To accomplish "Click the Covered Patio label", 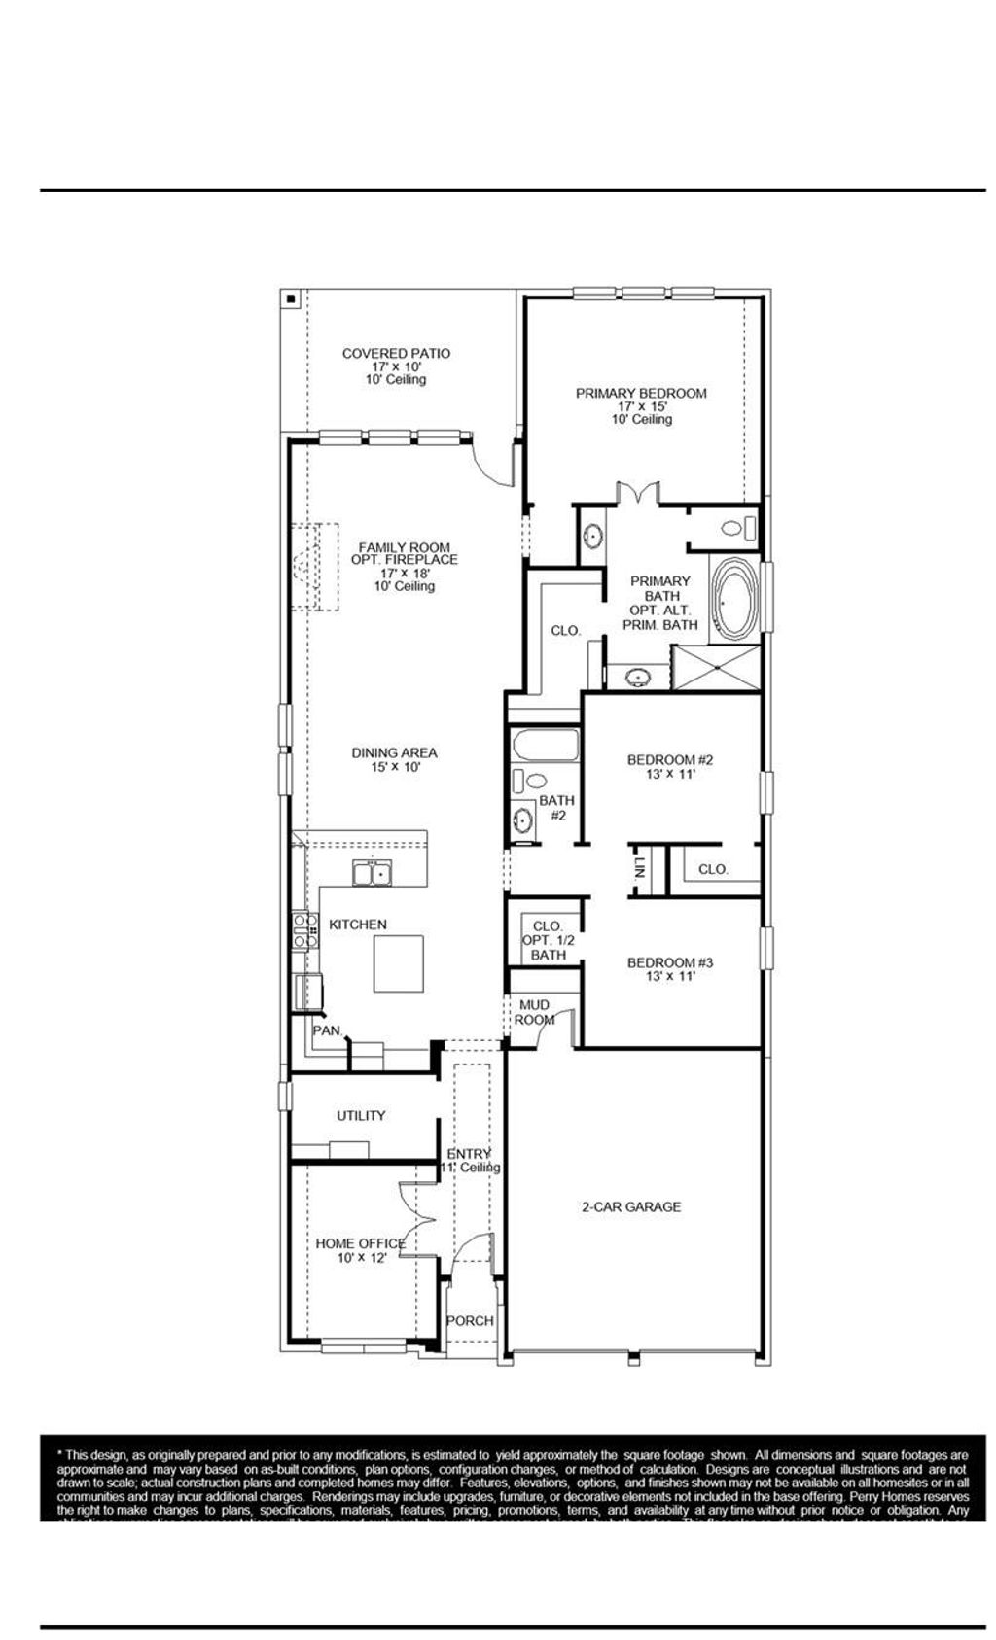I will [396, 366].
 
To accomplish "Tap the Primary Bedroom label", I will [640, 405].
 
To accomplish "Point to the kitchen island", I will [399, 961].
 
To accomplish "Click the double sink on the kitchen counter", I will [371, 873].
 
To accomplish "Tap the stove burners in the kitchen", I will [302, 930].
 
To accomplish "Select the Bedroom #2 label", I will [670, 766].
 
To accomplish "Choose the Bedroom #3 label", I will [670, 968].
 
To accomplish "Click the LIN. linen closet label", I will [639, 868].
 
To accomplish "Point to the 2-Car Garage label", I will [630, 1206].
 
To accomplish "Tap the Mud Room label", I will [534, 1011].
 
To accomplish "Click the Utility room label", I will [361, 1115].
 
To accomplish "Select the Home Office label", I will [361, 1249].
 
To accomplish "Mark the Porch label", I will [470, 1320].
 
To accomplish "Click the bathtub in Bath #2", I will [545, 746].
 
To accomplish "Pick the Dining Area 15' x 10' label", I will [394, 758].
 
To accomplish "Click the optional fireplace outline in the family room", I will [311, 567].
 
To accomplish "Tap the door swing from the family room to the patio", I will [492, 462].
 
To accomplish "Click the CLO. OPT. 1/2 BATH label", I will [548, 940].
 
